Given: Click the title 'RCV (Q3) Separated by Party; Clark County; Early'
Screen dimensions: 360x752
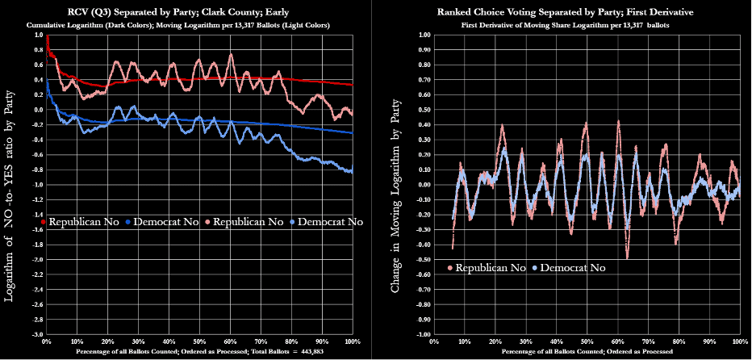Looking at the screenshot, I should (190, 13).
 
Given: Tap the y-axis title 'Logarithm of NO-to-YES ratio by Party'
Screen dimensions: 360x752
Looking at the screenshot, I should (10, 194).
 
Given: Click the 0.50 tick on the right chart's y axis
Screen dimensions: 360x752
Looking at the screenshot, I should (421, 111).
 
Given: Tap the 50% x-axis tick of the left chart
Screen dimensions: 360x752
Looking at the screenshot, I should (199, 342).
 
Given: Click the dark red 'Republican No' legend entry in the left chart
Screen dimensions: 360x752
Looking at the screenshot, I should (81, 220).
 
